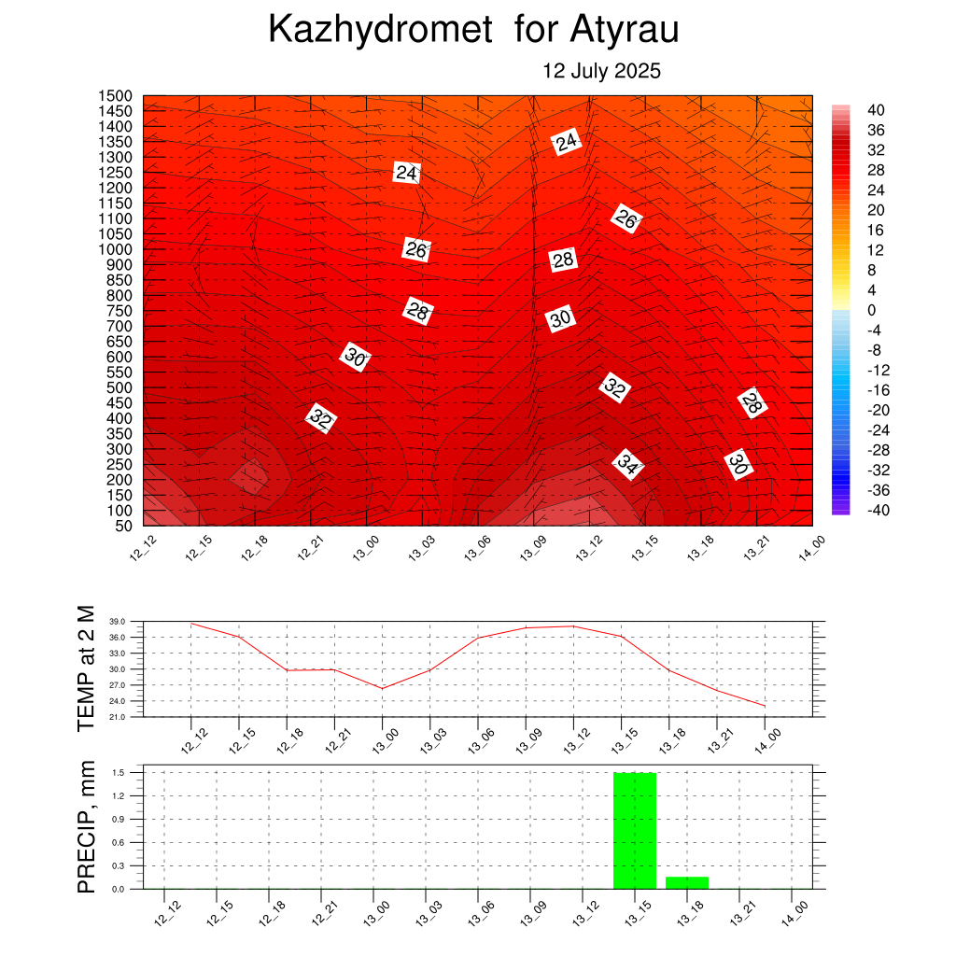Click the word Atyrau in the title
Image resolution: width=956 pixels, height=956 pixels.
pos(625,29)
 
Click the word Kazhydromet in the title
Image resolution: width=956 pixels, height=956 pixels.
pos(381,29)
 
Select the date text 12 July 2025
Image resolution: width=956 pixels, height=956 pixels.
pos(602,71)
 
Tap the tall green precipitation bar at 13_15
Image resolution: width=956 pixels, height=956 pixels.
pos(635,830)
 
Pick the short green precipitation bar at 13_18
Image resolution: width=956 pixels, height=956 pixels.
pos(687,883)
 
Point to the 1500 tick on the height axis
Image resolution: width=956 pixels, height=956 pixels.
pos(115,96)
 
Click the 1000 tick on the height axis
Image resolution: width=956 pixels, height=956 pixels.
pos(115,249)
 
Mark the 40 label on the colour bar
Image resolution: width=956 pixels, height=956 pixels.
pos(876,110)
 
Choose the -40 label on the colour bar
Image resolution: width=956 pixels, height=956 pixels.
pos(879,511)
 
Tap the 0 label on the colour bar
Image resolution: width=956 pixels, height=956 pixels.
pos(872,310)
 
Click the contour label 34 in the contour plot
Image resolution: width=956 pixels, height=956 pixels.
pos(628,465)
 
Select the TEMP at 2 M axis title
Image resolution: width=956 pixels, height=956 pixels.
pos(87,668)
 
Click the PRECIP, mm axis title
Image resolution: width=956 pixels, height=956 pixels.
pos(87,827)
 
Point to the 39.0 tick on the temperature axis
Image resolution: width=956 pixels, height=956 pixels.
pos(117,621)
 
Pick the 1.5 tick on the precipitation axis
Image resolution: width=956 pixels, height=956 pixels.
pos(119,772)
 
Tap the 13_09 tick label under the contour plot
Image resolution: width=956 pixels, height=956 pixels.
pos(530,547)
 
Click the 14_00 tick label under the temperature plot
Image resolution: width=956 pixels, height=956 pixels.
pos(767,741)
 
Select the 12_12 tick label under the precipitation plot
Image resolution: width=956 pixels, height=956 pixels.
pos(168,913)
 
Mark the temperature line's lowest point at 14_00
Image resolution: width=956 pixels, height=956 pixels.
pos(765,706)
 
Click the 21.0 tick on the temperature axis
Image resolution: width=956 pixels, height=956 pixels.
pos(117,717)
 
